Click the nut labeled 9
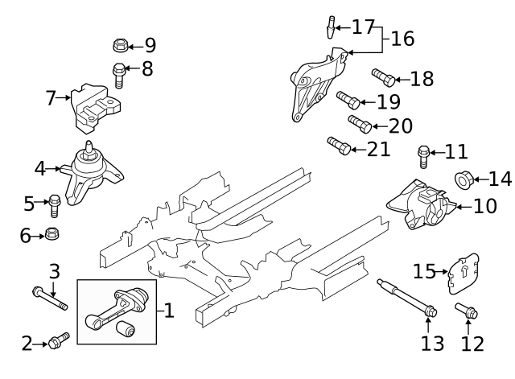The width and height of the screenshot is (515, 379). coord(117,45)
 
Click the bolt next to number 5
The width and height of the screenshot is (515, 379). coord(55,205)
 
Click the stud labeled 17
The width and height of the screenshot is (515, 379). coord(331,27)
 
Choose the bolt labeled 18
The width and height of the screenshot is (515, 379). coord(383,78)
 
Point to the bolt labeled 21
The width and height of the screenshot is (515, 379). coord(338,146)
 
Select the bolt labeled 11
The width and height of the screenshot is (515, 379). coord(422,152)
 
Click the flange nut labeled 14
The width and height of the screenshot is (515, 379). coord(463,178)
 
